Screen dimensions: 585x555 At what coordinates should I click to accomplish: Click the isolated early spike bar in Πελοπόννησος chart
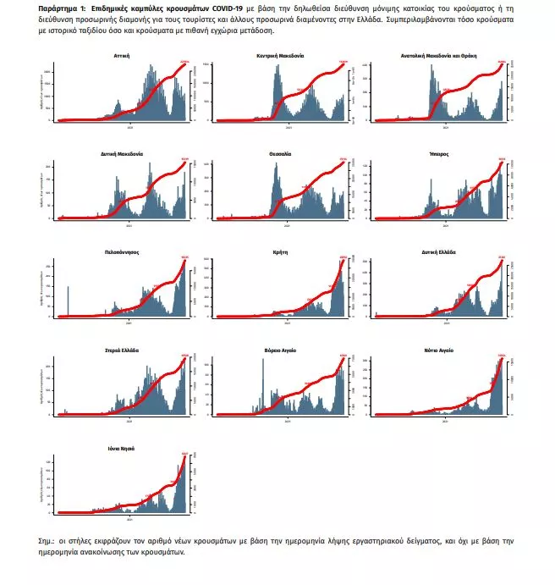67,301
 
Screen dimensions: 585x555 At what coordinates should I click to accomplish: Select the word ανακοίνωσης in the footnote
109,552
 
